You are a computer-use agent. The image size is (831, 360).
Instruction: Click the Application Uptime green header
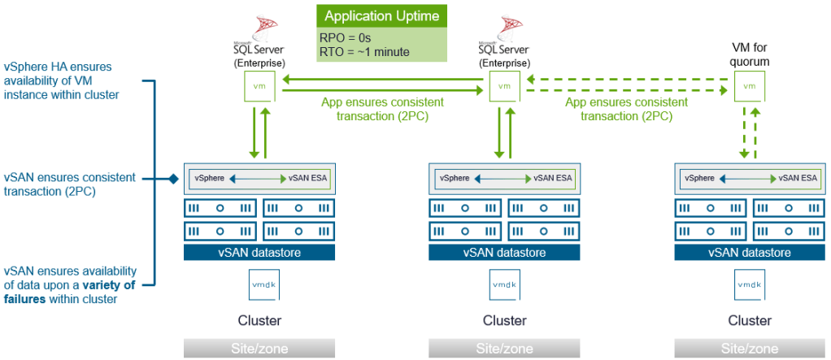[x=381, y=16]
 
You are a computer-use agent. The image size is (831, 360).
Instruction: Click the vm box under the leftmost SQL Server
[x=259, y=85]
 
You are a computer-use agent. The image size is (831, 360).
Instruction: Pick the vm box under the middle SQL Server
[x=504, y=85]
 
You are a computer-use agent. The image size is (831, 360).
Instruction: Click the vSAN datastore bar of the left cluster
[x=259, y=253]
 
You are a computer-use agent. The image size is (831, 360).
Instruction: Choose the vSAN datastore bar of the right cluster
[x=750, y=253]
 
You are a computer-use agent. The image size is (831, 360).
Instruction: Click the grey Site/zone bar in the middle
[x=504, y=348]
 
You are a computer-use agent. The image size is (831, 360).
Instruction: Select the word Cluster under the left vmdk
[x=259, y=320]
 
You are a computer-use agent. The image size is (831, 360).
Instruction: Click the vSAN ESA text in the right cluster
[x=798, y=178]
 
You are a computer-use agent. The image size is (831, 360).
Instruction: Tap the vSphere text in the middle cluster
[x=455, y=178]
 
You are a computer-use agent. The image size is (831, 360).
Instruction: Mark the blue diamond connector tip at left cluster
[x=173, y=178]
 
